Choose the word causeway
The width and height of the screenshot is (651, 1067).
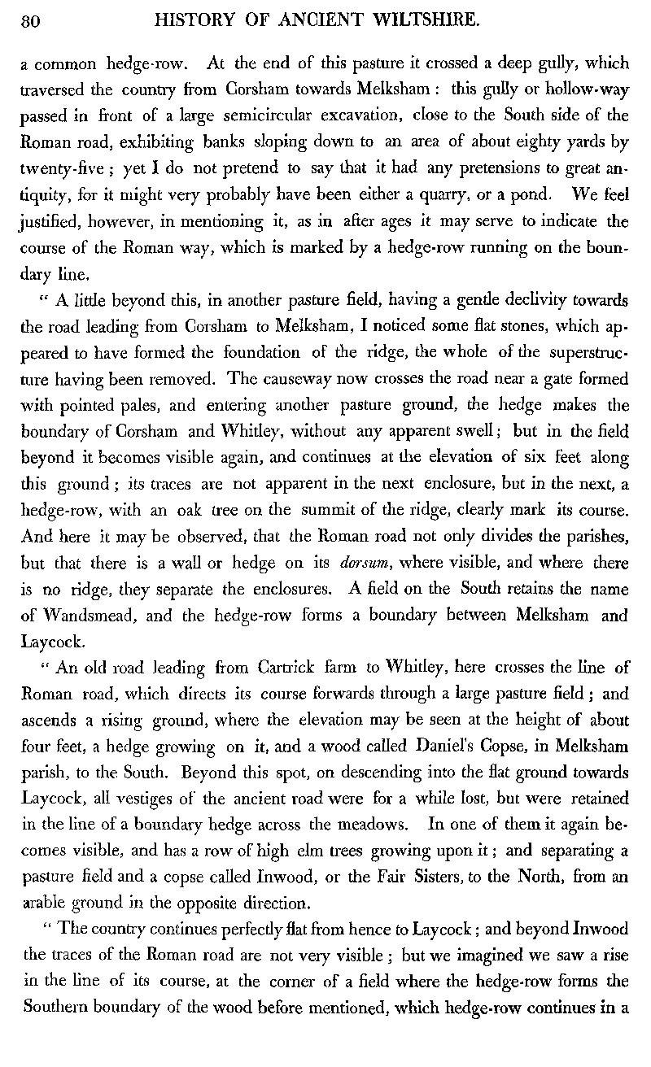coord(289,380)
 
